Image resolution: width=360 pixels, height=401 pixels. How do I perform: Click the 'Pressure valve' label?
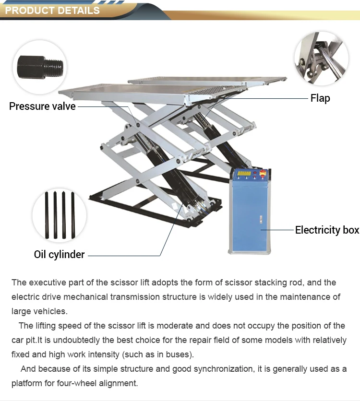point(42,106)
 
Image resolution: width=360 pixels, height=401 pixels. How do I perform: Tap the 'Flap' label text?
point(320,98)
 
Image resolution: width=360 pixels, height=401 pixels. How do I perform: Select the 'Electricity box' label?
point(327,230)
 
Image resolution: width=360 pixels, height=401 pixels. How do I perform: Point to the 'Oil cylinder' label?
point(59,254)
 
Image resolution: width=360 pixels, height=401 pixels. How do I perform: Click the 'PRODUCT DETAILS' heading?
point(52,10)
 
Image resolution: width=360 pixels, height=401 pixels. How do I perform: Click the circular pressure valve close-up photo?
point(39,67)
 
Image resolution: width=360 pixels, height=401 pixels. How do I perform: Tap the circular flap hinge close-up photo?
point(321,56)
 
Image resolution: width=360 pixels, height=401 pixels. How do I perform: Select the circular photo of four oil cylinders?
point(60,215)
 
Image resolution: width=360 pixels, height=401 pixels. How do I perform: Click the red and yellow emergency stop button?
point(262,174)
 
